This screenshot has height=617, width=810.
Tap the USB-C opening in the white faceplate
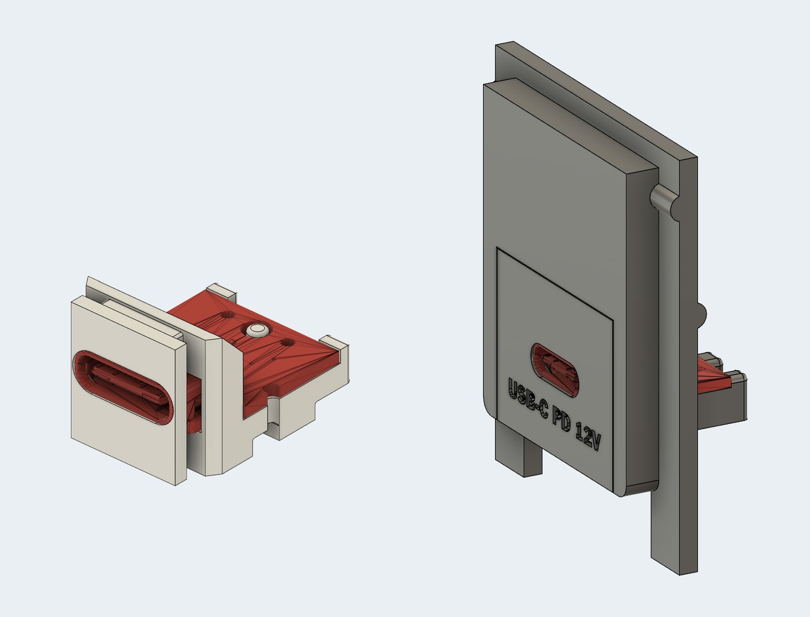pyautogui.click(x=122, y=388)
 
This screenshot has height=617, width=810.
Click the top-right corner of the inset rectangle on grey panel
pyautogui.click(x=613, y=318)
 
